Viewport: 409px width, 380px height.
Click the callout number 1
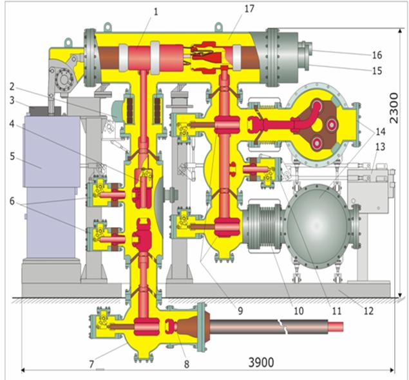point(156,12)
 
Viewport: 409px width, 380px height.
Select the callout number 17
point(249,8)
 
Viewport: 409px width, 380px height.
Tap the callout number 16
point(377,55)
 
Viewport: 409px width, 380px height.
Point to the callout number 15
point(377,70)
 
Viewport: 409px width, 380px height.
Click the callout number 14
point(380,132)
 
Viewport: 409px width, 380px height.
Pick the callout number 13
point(380,146)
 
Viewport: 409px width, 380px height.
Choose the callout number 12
point(368,311)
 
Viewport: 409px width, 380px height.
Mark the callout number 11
point(336,311)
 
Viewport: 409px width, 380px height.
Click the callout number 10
point(299,311)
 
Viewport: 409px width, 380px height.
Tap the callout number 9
point(240,311)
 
